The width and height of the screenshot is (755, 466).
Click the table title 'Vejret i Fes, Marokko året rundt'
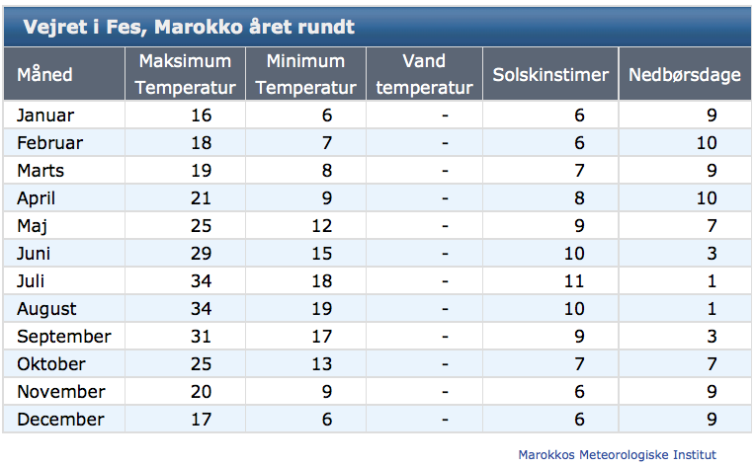tap(189, 27)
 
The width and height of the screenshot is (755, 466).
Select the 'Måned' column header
tap(44, 75)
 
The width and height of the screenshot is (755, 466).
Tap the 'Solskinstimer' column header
tap(550, 75)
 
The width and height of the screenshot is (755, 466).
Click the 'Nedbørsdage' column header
tap(685, 75)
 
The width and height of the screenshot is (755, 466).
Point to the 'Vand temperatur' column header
tap(424, 74)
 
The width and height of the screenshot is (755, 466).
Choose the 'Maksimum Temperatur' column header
tap(186, 74)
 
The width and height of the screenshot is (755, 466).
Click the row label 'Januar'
tap(45, 116)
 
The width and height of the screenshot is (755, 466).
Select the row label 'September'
tap(64, 337)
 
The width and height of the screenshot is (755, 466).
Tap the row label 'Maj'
tap(32, 226)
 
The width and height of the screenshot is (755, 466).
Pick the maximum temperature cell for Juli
tap(201, 280)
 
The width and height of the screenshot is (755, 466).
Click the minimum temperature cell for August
tap(321, 309)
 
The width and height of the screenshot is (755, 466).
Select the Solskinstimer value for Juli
tap(574, 280)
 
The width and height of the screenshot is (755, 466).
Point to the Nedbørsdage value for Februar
tap(707, 143)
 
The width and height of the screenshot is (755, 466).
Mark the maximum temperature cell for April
tap(201, 198)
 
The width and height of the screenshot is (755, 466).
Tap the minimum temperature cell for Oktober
tap(321, 364)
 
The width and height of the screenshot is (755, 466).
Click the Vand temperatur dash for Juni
tap(445, 254)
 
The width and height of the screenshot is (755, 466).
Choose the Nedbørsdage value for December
tap(712, 420)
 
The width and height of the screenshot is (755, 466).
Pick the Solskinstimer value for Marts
tap(579, 170)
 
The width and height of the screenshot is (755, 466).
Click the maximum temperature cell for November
tap(201, 391)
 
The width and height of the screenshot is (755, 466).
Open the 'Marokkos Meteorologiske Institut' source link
tap(618, 454)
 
